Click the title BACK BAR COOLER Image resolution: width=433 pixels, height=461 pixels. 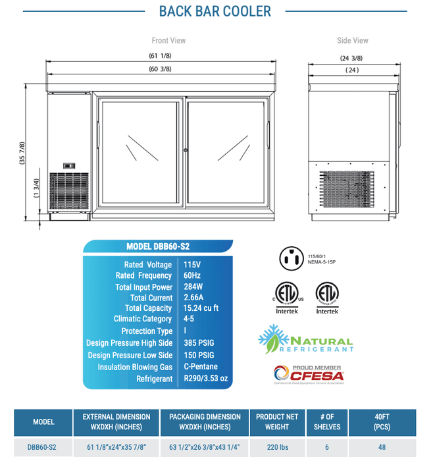tap(216, 11)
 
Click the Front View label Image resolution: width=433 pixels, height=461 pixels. tap(168, 41)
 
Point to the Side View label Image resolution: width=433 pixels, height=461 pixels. tap(352, 41)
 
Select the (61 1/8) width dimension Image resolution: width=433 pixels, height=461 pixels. tap(161, 57)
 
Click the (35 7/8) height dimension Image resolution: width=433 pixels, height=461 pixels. tap(22, 154)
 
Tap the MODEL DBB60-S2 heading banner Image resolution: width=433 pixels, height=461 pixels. tap(157, 247)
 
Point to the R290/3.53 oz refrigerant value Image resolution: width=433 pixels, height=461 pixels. tap(206, 379)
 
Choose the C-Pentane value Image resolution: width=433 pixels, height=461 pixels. tap(201, 367)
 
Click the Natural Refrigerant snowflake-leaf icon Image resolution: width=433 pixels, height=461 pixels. tap(270, 339)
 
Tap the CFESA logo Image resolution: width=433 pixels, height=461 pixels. tap(304, 375)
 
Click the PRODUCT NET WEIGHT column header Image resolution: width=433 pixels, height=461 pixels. tap(276, 421)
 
